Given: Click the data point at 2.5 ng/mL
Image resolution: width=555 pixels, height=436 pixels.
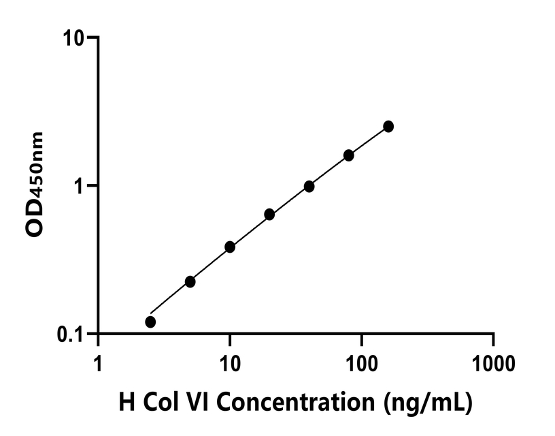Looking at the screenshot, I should pyautogui.click(x=150, y=322).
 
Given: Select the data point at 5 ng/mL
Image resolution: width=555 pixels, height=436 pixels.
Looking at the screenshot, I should pyautogui.click(x=190, y=281).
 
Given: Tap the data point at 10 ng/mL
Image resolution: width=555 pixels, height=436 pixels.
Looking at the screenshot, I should pyautogui.click(x=230, y=247).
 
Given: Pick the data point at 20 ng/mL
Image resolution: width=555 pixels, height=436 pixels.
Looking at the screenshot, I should pyautogui.click(x=269, y=214).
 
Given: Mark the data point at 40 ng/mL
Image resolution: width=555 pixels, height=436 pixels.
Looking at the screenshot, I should pyautogui.click(x=309, y=186).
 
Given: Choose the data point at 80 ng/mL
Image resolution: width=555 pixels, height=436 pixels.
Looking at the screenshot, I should pyautogui.click(x=349, y=155).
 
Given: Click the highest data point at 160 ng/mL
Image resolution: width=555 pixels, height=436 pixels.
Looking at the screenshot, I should pyautogui.click(x=388, y=126).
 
